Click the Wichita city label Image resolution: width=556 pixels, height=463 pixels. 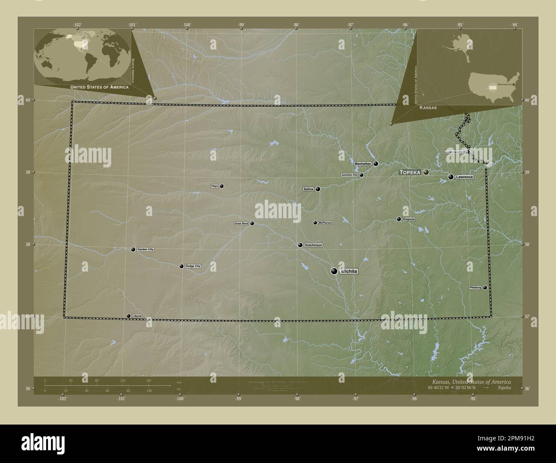(349, 272)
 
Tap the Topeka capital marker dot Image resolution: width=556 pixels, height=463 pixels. (426, 172)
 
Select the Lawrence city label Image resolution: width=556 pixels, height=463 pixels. (464, 177)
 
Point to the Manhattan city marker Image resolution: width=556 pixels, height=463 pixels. (376, 164)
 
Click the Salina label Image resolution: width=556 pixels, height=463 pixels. (308, 189)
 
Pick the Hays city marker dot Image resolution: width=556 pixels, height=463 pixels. (222, 186)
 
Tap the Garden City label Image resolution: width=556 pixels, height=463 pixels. (145, 249)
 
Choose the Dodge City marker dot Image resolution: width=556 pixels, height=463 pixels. (181, 266)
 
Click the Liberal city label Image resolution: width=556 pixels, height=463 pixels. (137, 316)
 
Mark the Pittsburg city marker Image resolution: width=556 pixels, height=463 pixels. (485, 287)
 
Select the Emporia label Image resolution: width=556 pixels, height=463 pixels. (409, 219)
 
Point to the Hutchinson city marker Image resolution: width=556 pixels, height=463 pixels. (300, 245)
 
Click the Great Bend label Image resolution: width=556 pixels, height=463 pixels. (241, 223)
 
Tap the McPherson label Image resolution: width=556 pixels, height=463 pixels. (325, 223)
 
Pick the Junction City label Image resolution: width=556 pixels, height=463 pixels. (349, 175)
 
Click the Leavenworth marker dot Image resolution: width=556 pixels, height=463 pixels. (467, 152)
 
